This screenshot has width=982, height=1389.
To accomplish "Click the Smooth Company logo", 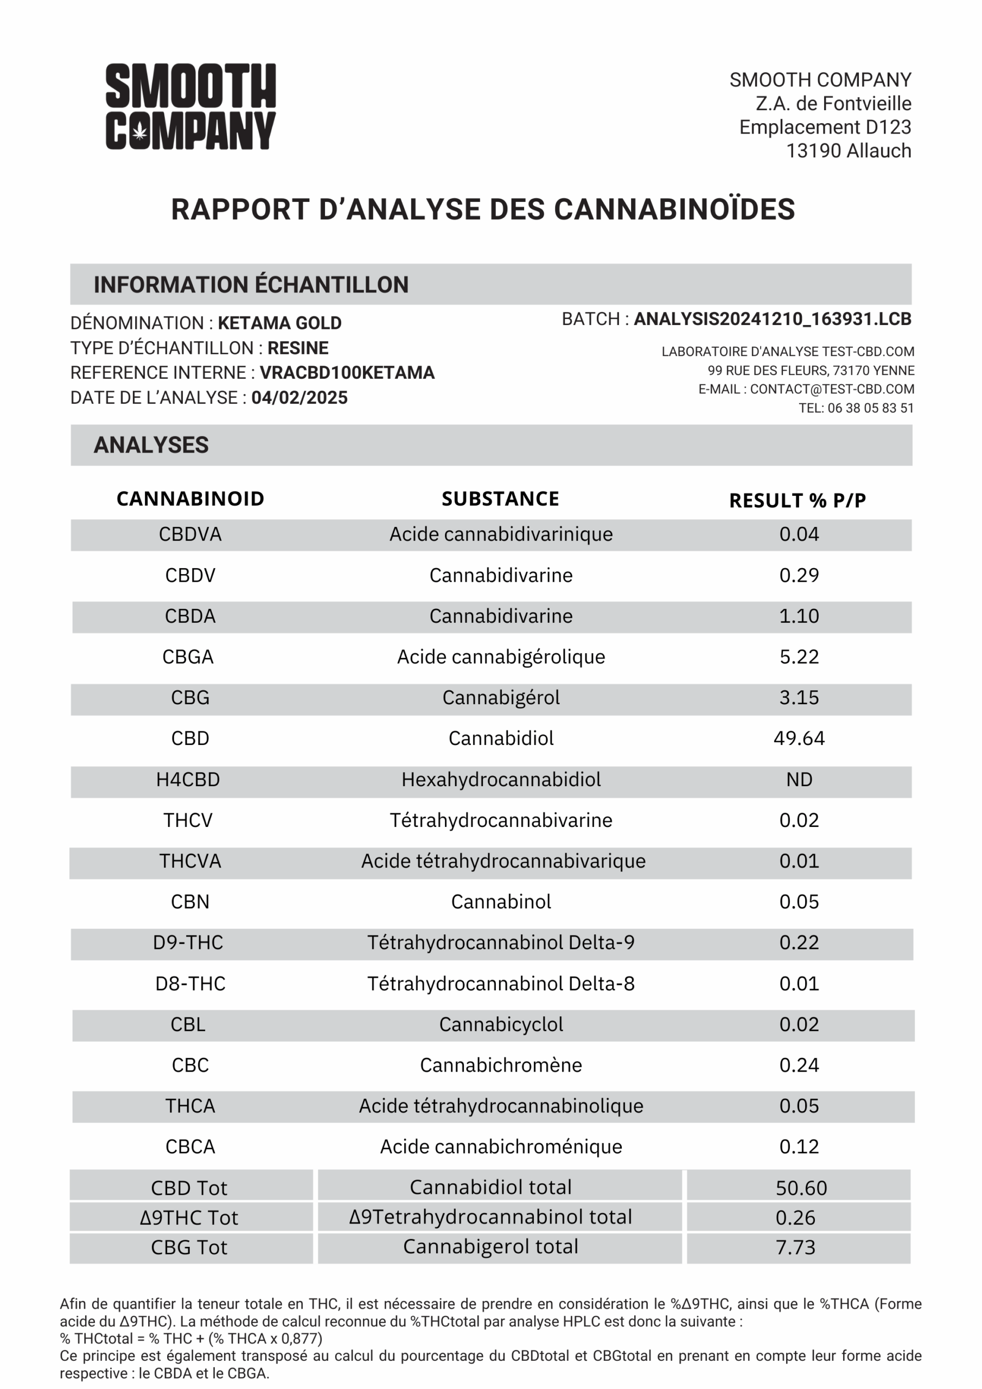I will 190,106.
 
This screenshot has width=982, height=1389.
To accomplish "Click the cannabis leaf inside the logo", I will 140,131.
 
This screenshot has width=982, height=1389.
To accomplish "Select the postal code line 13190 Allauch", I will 849,151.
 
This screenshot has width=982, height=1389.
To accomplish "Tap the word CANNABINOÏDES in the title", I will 674,209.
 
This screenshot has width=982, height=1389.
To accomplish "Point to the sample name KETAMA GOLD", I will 279,323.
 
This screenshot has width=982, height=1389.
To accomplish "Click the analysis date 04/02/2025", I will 299,398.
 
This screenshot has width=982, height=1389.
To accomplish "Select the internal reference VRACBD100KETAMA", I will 347,373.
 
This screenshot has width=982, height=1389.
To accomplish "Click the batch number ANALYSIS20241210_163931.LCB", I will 772,319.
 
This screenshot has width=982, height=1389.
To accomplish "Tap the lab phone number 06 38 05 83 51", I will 870,409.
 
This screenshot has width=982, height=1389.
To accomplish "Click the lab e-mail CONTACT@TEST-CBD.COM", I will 832,389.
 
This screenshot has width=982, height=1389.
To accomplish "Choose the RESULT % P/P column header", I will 798,500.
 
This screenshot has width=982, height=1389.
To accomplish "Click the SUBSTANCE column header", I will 500,499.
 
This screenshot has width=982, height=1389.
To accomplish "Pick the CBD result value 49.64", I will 799,738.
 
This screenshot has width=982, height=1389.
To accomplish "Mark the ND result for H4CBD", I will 799,779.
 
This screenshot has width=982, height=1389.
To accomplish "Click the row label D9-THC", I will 188,942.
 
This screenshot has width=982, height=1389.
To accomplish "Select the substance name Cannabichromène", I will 501,1065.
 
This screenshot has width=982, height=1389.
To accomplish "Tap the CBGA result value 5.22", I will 799,657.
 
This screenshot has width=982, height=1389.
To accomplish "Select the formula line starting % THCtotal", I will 191,1338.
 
